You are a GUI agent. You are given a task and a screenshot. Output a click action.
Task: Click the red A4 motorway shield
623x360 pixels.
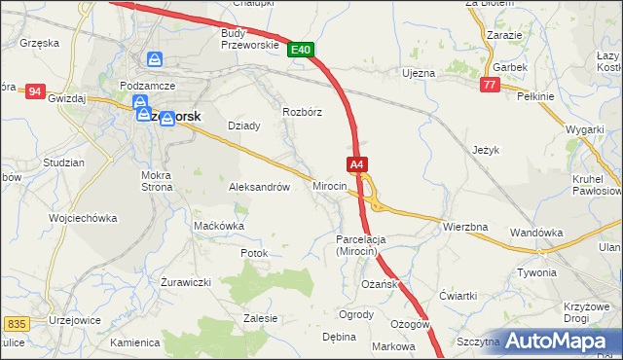(357, 164)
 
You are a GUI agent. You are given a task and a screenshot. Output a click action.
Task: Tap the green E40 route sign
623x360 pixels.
(301, 49)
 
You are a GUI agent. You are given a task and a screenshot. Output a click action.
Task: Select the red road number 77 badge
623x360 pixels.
(490, 87)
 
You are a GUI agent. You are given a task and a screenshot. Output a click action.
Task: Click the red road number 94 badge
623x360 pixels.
(35, 90)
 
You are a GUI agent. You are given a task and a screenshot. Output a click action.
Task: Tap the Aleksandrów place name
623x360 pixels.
(259, 187)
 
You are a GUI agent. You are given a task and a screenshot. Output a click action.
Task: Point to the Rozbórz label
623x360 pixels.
(302, 111)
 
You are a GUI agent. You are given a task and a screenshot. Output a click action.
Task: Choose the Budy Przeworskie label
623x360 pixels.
(250, 38)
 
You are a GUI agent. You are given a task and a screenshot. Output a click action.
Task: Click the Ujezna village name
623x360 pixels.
(420, 73)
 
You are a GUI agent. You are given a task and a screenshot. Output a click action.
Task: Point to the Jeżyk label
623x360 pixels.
(485, 151)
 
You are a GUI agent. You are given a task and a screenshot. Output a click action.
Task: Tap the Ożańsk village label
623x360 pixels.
(379, 283)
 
